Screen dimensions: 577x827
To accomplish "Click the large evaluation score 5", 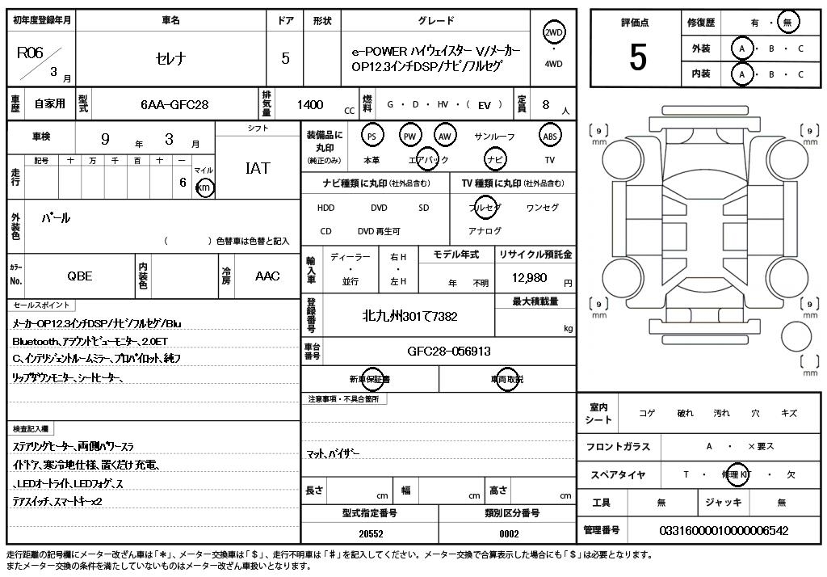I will pos(637,58).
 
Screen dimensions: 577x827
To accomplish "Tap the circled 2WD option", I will pos(554,32).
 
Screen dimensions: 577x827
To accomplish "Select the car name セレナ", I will pos(170,58).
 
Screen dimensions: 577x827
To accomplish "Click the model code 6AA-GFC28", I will pos(174,104).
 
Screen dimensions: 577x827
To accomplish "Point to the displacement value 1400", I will pos(310,104).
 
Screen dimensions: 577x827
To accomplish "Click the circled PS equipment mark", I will pos(372,136).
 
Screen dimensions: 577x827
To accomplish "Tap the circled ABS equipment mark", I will pos(550,136).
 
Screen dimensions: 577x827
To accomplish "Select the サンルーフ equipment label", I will pos(494,137).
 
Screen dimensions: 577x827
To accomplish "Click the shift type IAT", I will pos(257,169).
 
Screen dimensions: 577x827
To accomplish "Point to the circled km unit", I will pos(205,188).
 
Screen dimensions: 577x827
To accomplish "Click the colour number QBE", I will pos(79,276).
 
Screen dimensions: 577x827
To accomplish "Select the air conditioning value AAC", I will pos(267,276).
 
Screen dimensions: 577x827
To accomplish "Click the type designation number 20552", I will pos(372,533).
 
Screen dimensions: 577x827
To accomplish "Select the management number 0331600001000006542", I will pos(724,530).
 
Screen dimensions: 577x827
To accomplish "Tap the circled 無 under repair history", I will pos(787,23).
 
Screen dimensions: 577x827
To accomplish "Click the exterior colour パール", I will pos(56,218).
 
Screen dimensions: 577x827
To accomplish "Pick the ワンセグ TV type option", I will pos(542,208).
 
